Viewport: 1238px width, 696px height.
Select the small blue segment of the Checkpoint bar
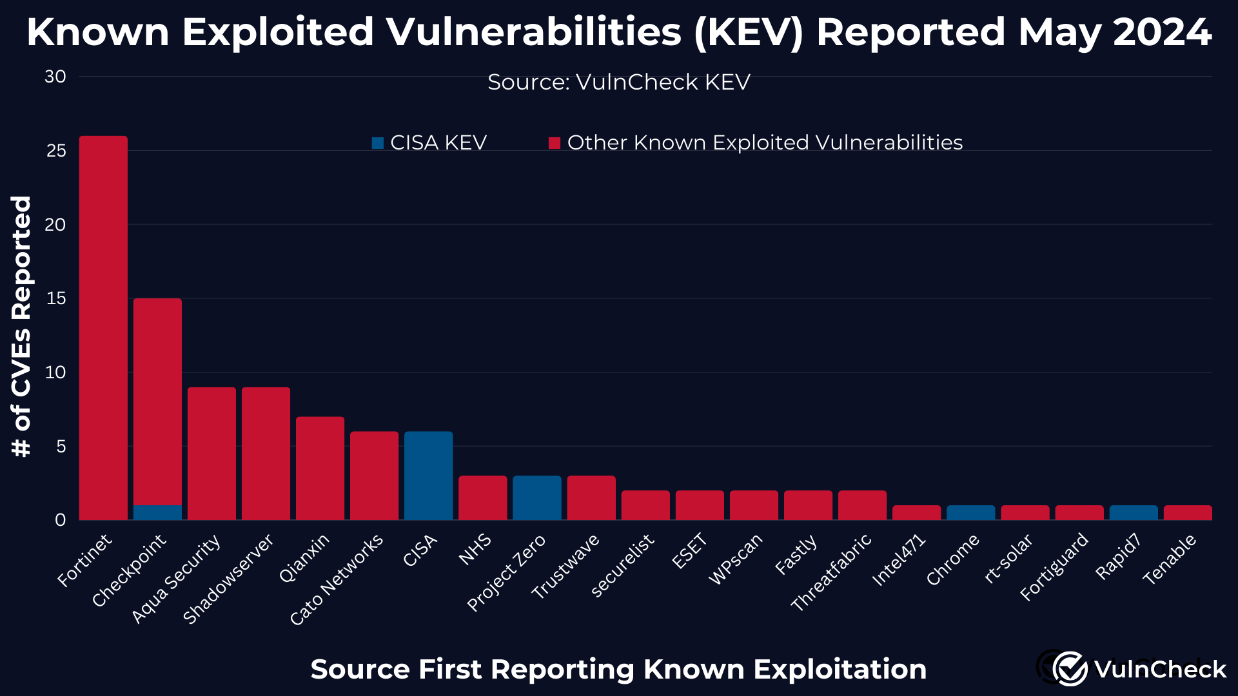point(157,512)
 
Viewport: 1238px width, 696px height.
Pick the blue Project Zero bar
point(536,498)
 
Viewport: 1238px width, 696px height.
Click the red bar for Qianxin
point(320,468)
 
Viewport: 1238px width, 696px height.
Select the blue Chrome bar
point(970,513)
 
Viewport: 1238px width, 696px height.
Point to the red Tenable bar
point(1187,513)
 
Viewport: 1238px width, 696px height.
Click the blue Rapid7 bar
point(1133,513)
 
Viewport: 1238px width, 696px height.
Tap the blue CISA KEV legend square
point(378,143)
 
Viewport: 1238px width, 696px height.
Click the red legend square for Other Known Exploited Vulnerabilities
point(555,143)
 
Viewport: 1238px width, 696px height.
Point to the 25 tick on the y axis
point(56,151)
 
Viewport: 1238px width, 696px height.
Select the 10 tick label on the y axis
point(56,372)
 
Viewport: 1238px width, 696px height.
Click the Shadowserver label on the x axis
point(229,579)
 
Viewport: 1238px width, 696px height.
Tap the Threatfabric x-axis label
point(832,572)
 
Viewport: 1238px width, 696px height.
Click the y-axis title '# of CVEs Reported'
point(21,326)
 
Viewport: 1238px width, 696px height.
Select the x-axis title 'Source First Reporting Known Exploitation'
point(618,669)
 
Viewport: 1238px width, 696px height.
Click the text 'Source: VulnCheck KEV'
point(618,82)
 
